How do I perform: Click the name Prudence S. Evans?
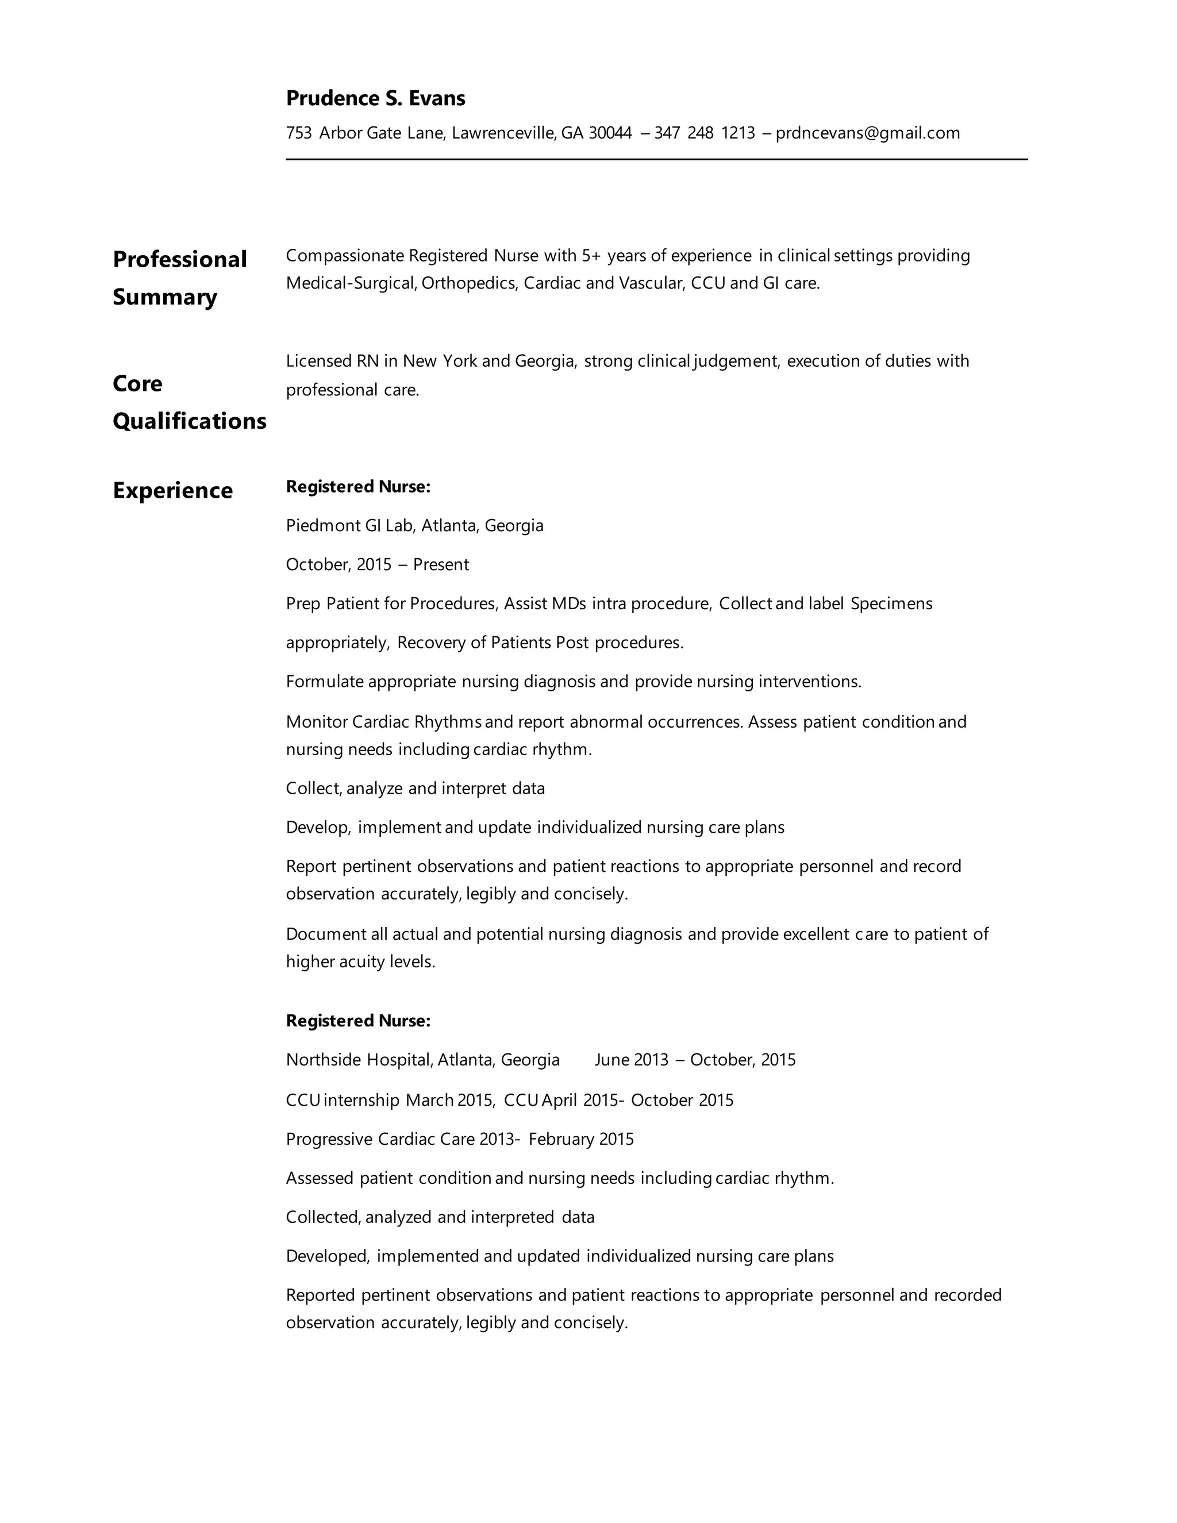[x=375, y=98]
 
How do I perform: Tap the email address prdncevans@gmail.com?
[x=867, y=133]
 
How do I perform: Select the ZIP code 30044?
[x=610, y=133]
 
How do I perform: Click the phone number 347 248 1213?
[x=704, y=133]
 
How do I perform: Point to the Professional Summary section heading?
[x=179, y=278]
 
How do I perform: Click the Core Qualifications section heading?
[x=189, y=402]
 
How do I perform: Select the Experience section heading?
[x=173, y=490]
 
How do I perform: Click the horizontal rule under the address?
[x=656, y=160]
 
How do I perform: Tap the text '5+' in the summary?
[x=591, y=256]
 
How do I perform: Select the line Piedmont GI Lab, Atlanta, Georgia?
[x=414, y=525]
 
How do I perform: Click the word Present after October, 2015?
[x=441, y=564]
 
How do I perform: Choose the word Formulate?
[x=324, y=681]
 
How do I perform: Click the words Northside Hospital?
[x=359, y=1060]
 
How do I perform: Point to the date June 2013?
[x=631, y=1060]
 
